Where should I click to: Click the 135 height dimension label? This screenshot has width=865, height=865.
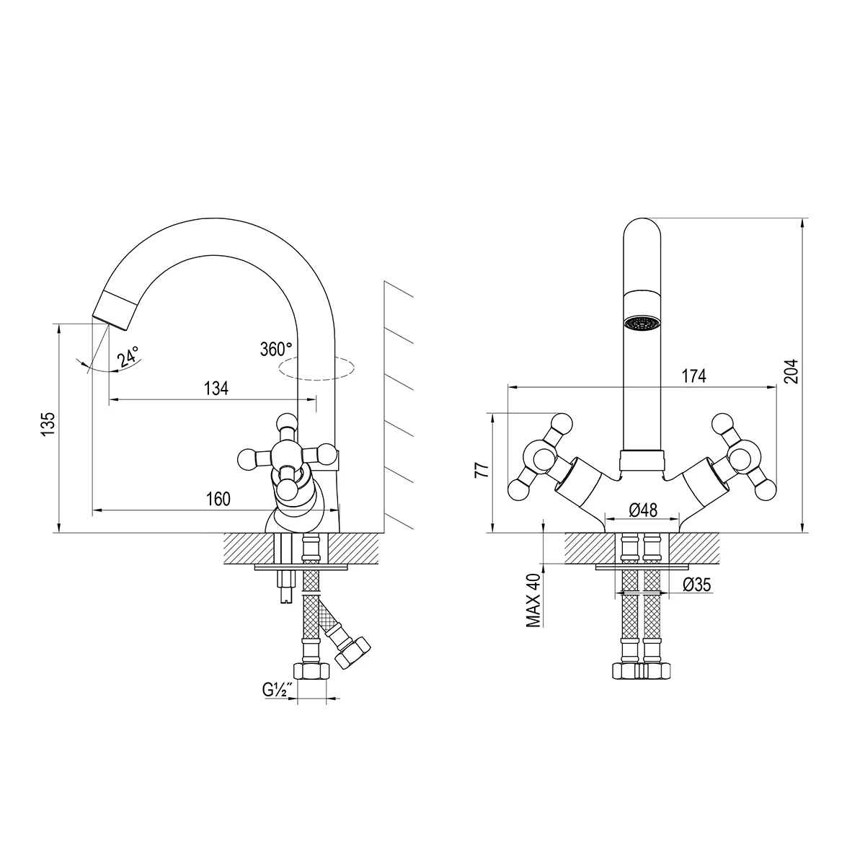click(48, 423)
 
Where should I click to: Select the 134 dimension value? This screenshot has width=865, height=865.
click(216, 389)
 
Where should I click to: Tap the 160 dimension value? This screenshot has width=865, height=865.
click(218, 499)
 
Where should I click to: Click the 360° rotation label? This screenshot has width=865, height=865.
click(276, 349)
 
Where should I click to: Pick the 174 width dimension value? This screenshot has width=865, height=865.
click(694, 376)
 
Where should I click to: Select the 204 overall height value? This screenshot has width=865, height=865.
click(791, 371)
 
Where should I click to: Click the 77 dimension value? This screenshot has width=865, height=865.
click(482, 469)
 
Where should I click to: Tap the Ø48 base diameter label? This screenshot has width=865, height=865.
click(643, 510)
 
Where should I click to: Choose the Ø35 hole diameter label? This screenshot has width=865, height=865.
click(696, 585)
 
